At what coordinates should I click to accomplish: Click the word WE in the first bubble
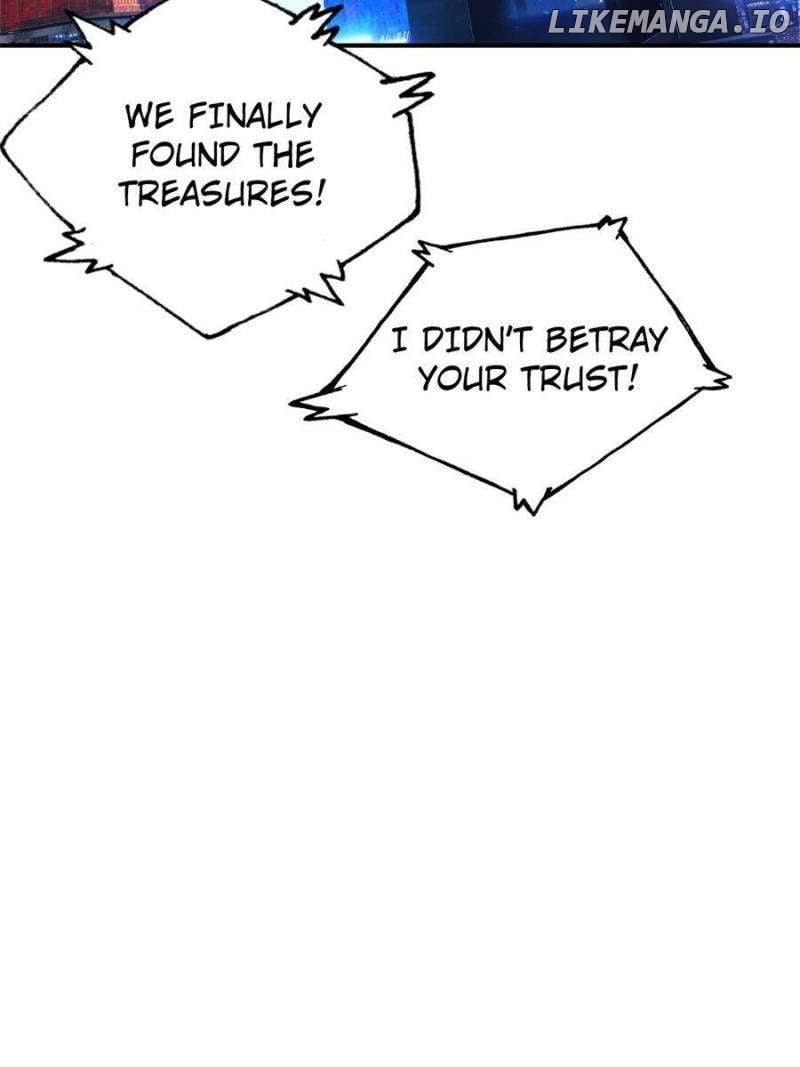click(146, 116)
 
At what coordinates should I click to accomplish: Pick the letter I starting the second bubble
click(399, 342)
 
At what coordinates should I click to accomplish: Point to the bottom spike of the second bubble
click(528, 502)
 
